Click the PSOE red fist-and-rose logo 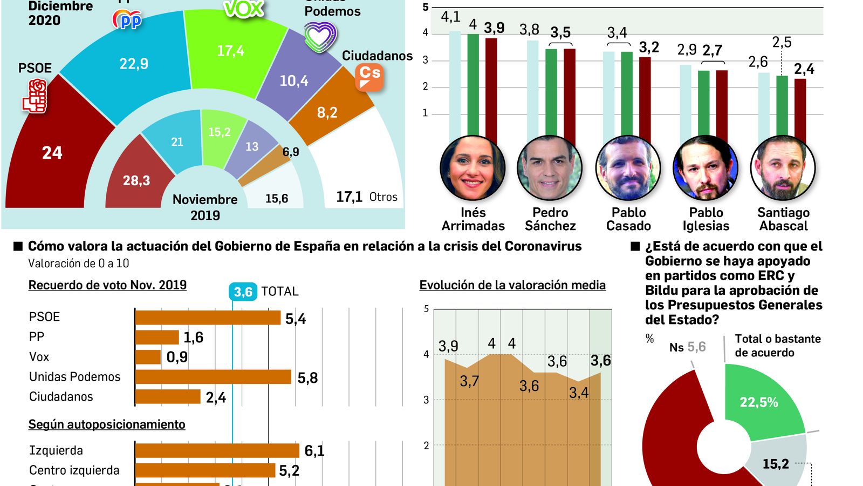tap(36, 96)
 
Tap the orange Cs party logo tap(369, 77)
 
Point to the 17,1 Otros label tap(366, 197)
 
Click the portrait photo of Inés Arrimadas tap(472, 168)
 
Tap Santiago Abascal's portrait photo tap(783, 168)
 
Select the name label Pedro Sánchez tap(550, 219)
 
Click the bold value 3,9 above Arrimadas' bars tap(494, 28)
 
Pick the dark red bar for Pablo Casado tap(645, 97)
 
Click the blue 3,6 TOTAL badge tap(243, 292)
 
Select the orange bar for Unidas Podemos tap(213, 377)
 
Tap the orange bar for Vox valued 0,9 tap(148, 357)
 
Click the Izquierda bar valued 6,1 tap(217, 450)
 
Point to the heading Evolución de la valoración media tap(512, 285)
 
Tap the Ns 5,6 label tap(687, 347)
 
